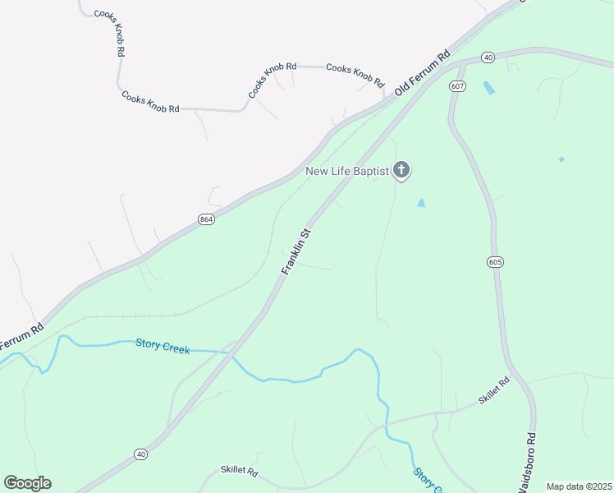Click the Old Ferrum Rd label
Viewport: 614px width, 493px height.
click(423, 73)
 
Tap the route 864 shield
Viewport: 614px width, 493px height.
click(206, 219)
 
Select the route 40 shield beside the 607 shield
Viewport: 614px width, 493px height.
click(488, 58)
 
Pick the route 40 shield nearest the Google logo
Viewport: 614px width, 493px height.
click(140, 454)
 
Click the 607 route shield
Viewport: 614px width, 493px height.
click(458, 85)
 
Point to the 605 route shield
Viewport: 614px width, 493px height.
click(494, 261)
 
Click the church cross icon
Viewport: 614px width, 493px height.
click(401, 170)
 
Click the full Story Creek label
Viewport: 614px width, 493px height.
click(163, 348)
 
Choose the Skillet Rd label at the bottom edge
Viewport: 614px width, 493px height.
click(239, 472)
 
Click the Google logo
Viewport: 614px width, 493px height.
click(27, 483)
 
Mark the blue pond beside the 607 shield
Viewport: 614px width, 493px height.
click(489, 87)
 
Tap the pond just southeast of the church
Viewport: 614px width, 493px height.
click(421, 202)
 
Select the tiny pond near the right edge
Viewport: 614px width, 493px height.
click(561, 159)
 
